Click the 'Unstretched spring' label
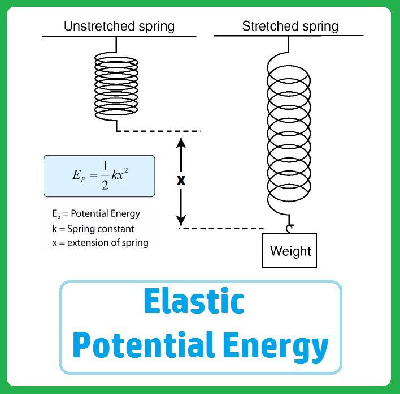(119, 26)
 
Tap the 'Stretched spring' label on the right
(290, 26)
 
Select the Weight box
(290, 250)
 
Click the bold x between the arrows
(181, 181)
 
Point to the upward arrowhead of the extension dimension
(181, 142)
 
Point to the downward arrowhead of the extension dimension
(181, 220)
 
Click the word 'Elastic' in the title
(194, 301)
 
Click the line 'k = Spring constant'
(93, 229)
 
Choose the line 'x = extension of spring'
(100, 243)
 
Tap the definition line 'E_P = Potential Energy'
(96, 214)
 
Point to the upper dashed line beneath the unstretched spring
(158, 131)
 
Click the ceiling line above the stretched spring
(288, 36)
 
